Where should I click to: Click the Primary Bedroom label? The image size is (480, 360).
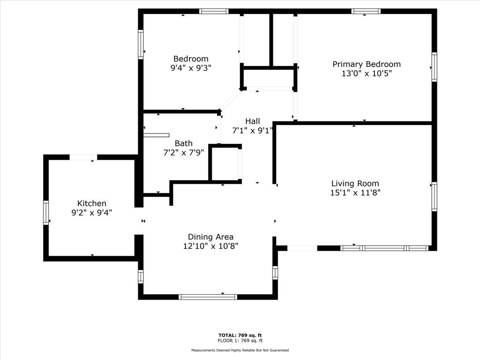click(367, 64)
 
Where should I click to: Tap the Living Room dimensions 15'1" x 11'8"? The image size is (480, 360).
click(355, 193)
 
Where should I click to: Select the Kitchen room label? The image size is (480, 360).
click(92, 203)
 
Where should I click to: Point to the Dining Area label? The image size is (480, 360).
click(210, 237)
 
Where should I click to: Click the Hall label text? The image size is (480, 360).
click(252, 121)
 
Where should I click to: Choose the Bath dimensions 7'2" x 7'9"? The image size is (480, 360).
click(183, 152)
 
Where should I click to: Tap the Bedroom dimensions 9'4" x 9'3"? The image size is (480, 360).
click(191, 67)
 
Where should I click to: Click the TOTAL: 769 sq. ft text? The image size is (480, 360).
click(240, 335)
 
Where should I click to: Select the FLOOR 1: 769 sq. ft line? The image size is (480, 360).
click(240, 341)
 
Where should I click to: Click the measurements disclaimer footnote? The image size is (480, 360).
click(240, 350)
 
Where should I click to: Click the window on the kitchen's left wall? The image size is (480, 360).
click(46, 212)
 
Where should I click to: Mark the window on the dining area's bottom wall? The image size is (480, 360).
click(208, 297)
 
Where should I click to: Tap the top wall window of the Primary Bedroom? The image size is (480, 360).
click(366, 11)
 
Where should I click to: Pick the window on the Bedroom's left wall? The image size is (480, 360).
click(140, 44)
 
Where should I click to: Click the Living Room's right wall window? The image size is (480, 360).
click(434, 196)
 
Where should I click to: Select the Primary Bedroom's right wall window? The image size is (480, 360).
click(434, 67)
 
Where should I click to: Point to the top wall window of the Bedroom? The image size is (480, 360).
click(214, 11)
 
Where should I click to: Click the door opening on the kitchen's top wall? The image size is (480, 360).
click(83, 157)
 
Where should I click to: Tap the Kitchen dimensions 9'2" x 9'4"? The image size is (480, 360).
click(92, 212)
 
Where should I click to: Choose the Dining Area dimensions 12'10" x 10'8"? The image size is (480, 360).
click(210, 246)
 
